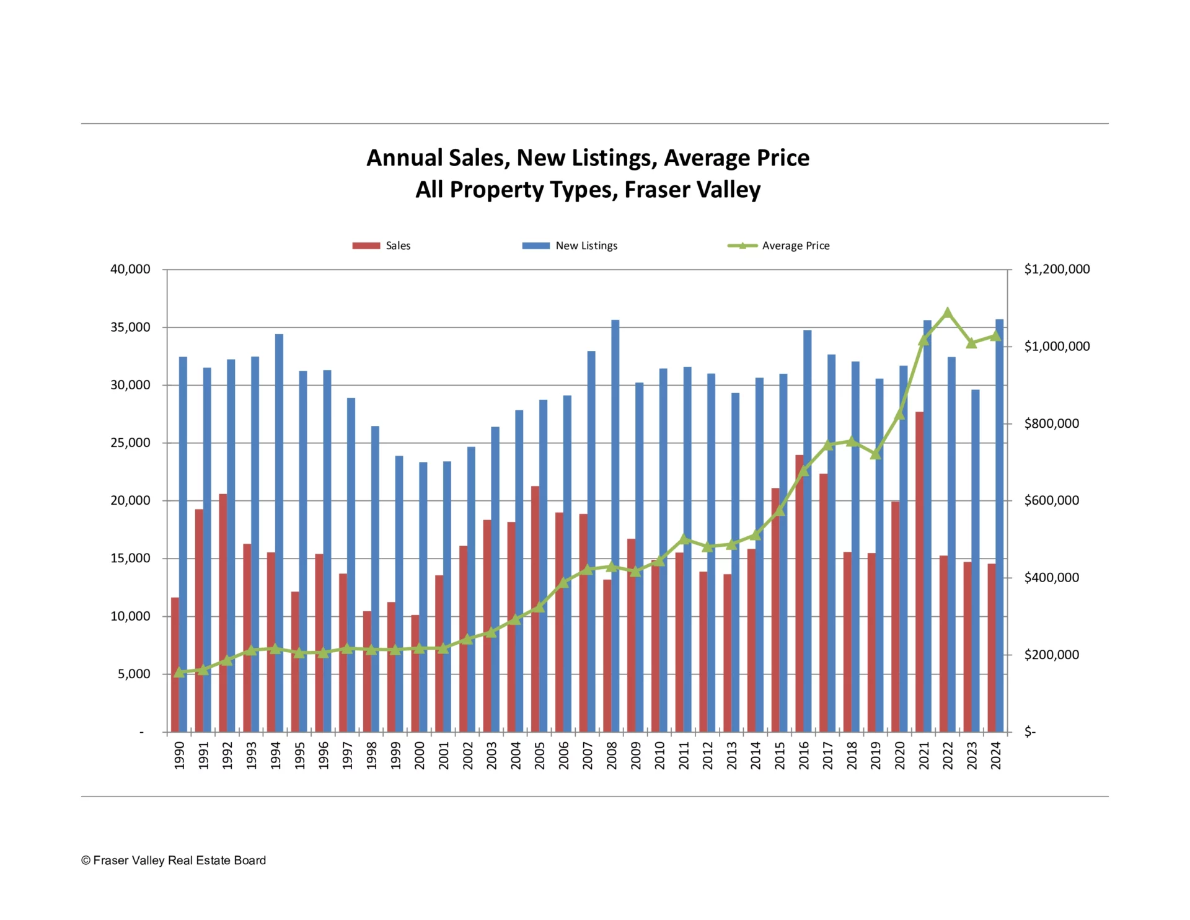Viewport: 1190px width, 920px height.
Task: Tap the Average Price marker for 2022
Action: (x=947, y=313)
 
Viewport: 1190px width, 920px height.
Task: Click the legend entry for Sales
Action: (x=381, y=246)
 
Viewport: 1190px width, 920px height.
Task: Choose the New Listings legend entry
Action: (x=570, y=246)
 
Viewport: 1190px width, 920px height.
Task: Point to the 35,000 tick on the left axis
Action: (x=130, y=327)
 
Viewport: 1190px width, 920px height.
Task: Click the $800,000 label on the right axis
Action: (x=1051, y=423)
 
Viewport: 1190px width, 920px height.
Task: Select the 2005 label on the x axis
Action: (x=540, y=755)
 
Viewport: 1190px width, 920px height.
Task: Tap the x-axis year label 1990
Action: (x=180, y=755)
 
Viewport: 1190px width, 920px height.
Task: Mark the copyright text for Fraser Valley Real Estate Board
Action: (x=174, y=860)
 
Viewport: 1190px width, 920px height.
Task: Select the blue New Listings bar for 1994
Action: (x=280, y=533)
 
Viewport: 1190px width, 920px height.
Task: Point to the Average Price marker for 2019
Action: (x=875, y=454)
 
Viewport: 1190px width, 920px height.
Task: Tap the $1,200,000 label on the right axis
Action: (x=1057, y=269)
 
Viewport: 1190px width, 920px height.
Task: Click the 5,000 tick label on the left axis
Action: (x=134, y=674)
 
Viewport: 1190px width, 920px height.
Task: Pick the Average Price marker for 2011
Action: (x=684, y=539)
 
